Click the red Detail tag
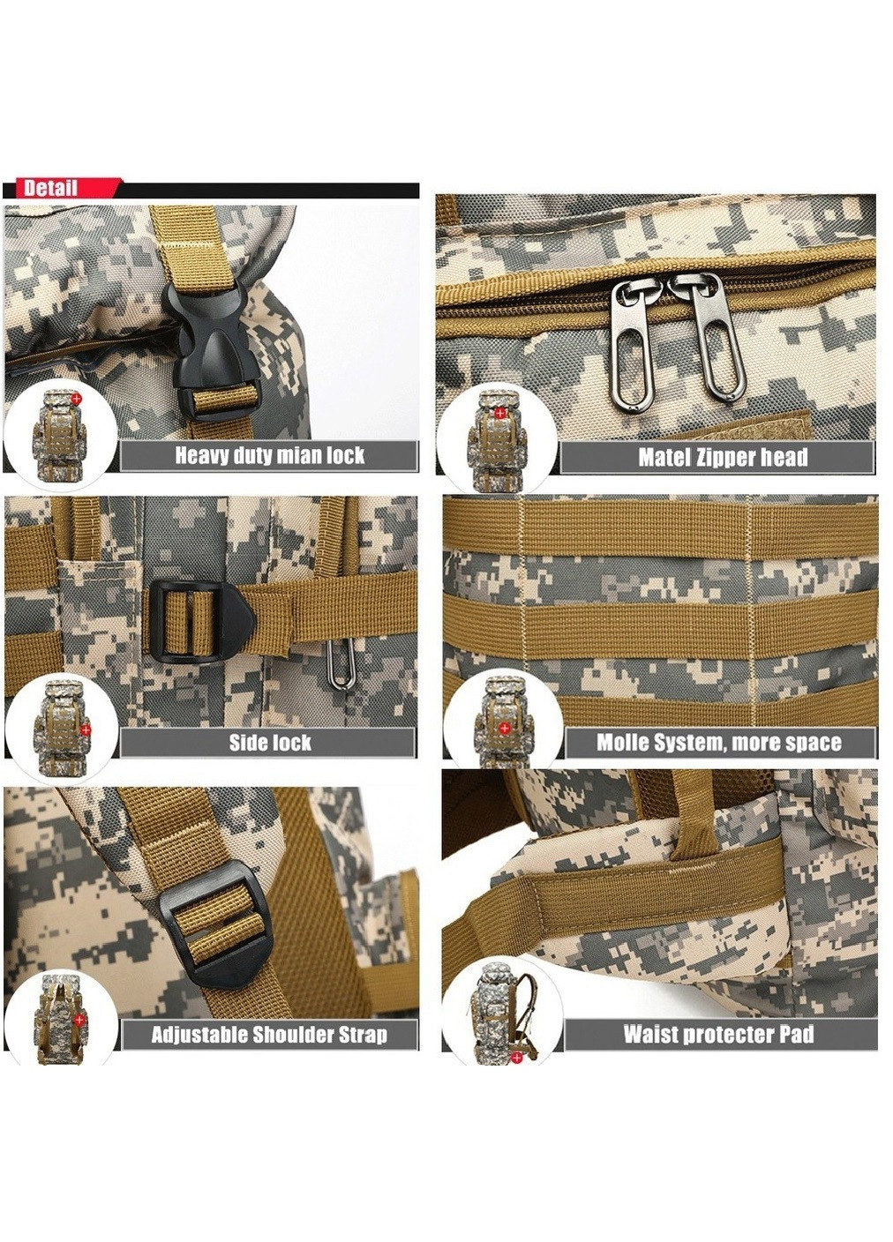(63, 188)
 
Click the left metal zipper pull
(636, 340)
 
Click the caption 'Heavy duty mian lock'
(269, 456)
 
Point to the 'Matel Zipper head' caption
(722, 458)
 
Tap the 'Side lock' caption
(270, 743)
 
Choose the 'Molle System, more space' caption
(719, 743)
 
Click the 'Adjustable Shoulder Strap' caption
(269, 1035)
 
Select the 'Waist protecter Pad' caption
(718, 1034)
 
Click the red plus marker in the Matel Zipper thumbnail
(500, 413)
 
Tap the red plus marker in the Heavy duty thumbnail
(76, 398)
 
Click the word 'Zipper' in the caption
(724, 458)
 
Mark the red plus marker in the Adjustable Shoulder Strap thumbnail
(80, 1019)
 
